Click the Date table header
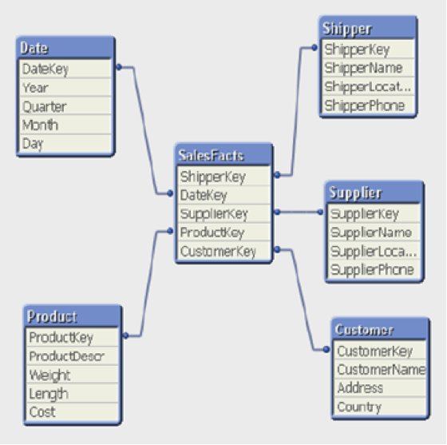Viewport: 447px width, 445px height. (x=65, y=48)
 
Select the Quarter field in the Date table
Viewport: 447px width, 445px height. (x=65, y=106)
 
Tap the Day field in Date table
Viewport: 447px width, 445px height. (x=65, y=144)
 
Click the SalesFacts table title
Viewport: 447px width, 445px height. (x=223, y=155)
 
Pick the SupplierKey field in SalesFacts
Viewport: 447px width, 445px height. (x=223, y=213)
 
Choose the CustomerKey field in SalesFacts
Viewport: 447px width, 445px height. (x=223, y=251)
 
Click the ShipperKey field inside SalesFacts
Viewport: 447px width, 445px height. (x=223, y=177)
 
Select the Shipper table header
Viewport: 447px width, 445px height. (x=368, y=28)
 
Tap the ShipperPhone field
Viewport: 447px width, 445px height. (x=368, y=105)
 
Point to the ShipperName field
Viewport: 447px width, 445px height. (x=368, y=68)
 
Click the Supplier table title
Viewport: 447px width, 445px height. (x=374, y=193)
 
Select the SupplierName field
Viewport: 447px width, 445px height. (x=374, y=232)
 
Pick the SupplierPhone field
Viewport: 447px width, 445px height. (x=374, y=269)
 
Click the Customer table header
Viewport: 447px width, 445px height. (x=380, y=329)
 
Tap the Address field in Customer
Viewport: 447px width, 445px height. (x=380, y=388)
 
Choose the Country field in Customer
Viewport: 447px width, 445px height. (x=380, y=407)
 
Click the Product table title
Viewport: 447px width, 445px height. (x=73, y=316)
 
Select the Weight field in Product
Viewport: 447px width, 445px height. (x=73, y=375)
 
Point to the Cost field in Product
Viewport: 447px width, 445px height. (x=73, y=412)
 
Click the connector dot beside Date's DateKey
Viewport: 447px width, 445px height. (x=119, y=67)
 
